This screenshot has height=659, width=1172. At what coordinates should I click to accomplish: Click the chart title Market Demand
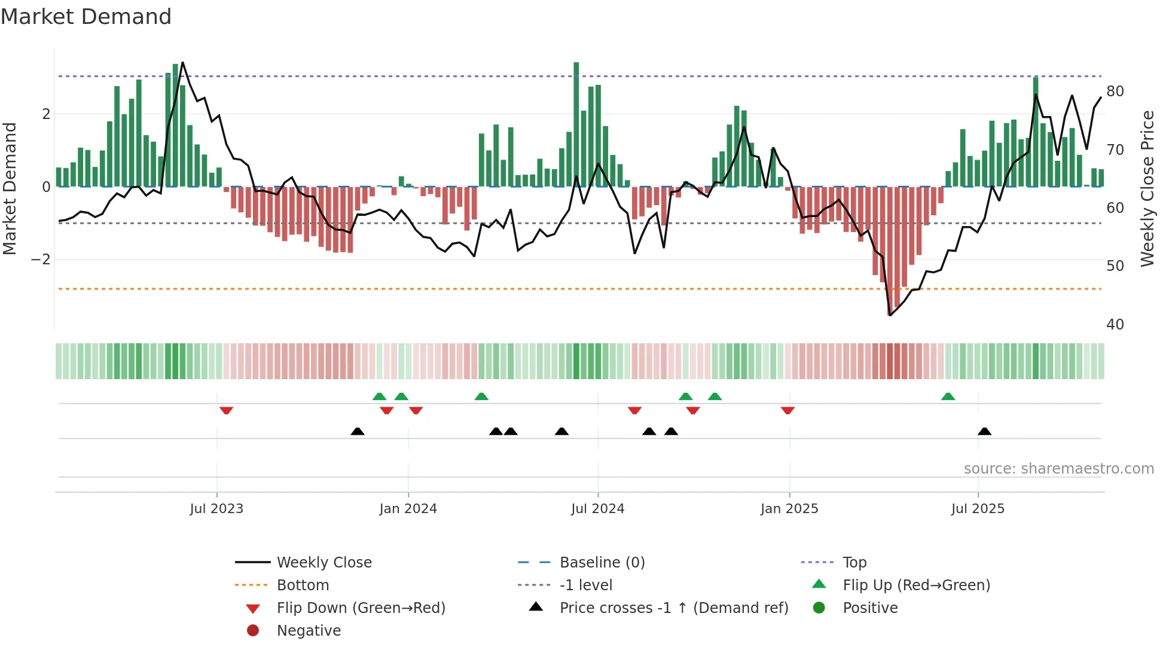[86, 17]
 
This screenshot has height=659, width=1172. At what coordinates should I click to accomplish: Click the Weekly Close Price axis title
[1147, 188]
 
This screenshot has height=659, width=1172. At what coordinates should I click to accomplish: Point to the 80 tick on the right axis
[1115, 91]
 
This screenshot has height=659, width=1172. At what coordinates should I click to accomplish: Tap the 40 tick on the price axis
[1115, 324]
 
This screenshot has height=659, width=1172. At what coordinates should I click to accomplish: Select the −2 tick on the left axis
[41, 260]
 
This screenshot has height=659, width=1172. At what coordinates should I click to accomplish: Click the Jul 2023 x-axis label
[216, 509]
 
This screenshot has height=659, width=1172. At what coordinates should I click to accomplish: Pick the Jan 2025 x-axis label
[789, 509]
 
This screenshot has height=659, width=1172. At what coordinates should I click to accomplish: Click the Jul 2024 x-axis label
[597, 509]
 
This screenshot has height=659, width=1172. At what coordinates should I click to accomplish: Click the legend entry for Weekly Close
[323, 563]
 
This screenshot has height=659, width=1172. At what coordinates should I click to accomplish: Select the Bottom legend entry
[303, 585]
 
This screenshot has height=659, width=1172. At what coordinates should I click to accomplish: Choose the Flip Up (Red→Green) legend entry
[916, 585]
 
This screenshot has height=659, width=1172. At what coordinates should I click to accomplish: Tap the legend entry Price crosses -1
[673, 608]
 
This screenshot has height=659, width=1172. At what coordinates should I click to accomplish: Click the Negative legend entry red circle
[253, 631]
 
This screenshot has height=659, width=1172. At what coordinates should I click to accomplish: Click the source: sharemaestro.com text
[1058, 469]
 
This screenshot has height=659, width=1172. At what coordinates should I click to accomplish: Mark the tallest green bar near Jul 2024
[576, 124]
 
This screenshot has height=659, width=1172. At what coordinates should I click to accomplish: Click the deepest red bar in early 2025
[890, 251]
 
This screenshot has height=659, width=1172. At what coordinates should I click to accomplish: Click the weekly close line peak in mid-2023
[182, 63]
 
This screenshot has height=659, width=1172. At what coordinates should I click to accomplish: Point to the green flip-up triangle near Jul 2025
[948, 396]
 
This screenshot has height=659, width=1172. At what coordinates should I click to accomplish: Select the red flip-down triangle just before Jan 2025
[788, 410]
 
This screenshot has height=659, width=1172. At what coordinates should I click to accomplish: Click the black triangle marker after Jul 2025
[984, 431]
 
